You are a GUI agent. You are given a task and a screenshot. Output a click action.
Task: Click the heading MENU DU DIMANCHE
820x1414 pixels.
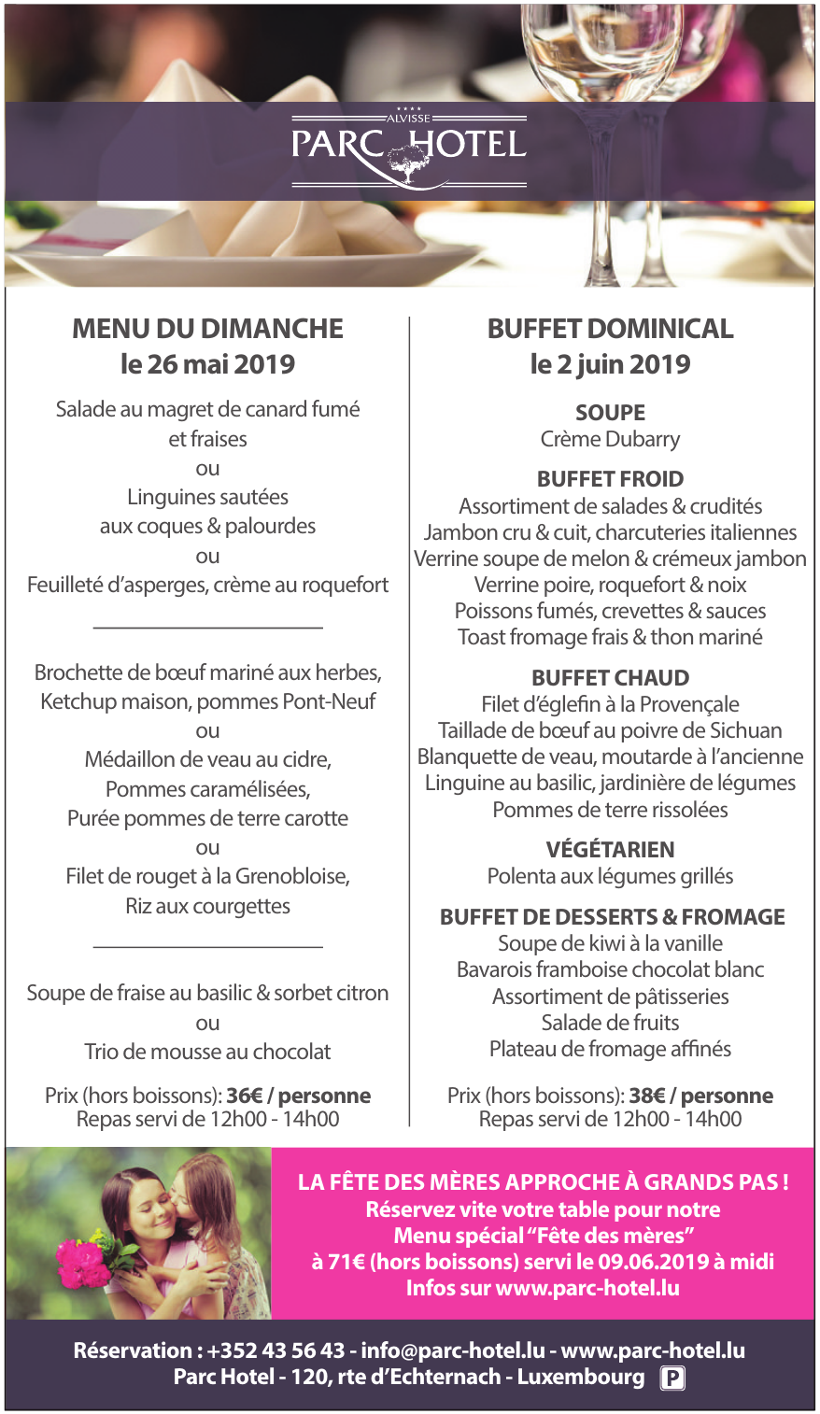[x=207, y=329]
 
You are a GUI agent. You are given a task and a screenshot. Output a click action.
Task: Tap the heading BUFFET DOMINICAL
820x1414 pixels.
[x=610, y=329]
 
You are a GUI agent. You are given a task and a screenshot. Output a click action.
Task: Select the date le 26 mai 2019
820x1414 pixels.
[x=207, y=364]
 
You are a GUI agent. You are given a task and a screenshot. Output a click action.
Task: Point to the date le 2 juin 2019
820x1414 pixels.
[x=610, y=364]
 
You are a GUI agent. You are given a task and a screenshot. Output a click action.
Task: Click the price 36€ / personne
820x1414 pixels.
[x=298, y=1096]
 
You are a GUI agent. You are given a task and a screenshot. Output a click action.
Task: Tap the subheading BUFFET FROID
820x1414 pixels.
[x=610, y=479]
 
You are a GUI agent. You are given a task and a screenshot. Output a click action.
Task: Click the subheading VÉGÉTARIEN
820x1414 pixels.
[x=610, y=849]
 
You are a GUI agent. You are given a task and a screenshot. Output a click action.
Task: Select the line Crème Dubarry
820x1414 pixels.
[x=610, y=439]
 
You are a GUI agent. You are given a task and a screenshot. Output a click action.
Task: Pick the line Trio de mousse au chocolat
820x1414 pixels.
[x=207, y=1052]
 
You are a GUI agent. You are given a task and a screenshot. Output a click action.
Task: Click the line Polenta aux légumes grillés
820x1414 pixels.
[x=610, y=876]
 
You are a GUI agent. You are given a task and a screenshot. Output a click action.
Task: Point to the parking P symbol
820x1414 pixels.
[x=672, y=1379]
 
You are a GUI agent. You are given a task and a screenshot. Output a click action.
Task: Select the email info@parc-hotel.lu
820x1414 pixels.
[x=453, y=1350]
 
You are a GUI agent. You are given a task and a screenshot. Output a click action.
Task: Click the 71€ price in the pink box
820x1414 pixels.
[x=338, y=1262]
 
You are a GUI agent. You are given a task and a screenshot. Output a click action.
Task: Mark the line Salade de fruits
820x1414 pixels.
[x=610, y=1023]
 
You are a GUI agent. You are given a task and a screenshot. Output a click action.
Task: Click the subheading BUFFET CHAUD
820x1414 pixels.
[x=610, y=678]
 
